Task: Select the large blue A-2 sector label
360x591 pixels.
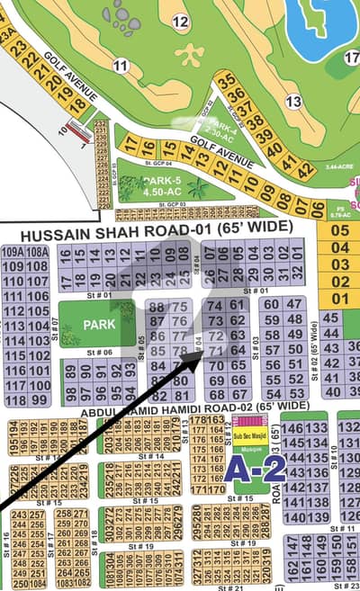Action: (243, 467)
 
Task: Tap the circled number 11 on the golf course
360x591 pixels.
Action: (121, 65)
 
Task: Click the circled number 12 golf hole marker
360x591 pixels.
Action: (180, 21)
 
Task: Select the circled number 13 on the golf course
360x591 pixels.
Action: (293, 102)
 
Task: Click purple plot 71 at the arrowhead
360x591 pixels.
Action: (216, 350)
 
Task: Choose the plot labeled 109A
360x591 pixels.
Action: (13, 253)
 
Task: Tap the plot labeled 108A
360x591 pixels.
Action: (37, 253)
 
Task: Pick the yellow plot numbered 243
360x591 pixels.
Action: (18, 515)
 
